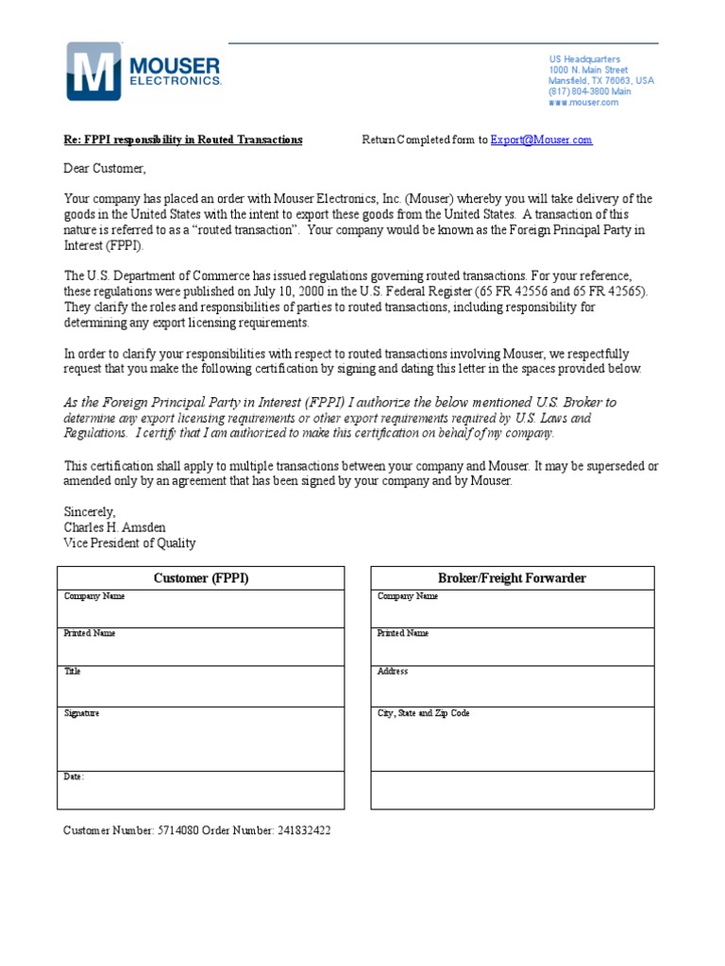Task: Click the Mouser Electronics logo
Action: (143, 71)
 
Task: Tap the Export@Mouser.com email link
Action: (541, 140)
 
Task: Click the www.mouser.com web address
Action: (583, 102)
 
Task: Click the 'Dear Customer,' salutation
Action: (106, 169)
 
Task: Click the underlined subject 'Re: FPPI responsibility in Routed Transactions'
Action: (183, 140)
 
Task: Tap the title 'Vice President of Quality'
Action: (129, 542)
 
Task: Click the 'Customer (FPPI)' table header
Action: (201, 578)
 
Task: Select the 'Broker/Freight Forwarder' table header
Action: (512, 578)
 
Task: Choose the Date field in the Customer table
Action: (201, 790)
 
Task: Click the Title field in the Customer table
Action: (201, 686)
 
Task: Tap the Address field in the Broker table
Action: (512, 686)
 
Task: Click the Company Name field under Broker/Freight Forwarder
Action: (512, 608)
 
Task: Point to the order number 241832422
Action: (303, 830)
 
